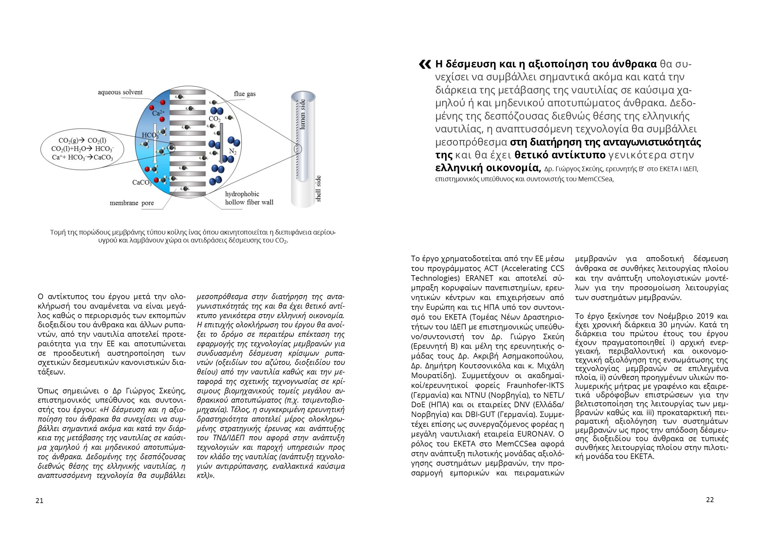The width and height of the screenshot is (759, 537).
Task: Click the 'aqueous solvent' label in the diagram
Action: [x=120, y=92]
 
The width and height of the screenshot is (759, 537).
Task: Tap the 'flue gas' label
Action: [x=245, y=94]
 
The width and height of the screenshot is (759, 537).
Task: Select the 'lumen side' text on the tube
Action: [x=302, y=114]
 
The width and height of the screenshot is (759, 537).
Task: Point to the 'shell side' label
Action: [x=318, y=189]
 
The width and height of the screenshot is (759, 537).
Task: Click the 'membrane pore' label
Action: [x=132, y=203]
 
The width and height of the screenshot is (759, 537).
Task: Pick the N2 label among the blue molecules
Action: [x=233, y=152]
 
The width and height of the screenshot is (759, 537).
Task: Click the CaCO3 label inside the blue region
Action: [x=142, y=182]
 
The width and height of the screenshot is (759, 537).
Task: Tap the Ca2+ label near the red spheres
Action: [x=158, y=113]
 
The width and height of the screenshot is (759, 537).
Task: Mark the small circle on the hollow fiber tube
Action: [x=298, y=149]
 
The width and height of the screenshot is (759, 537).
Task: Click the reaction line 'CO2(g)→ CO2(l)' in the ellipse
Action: [x=82, y=141]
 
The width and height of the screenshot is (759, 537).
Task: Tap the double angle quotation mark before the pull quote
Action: [x=425, y=64]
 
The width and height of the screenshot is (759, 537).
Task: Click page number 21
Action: [x=39, y=501]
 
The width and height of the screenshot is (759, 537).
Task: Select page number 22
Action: [x=710, y=500]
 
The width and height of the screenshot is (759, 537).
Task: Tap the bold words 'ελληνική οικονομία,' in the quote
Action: [x=488, y=168]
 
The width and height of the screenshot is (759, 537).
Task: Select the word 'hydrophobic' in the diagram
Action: [x=242, y=194]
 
